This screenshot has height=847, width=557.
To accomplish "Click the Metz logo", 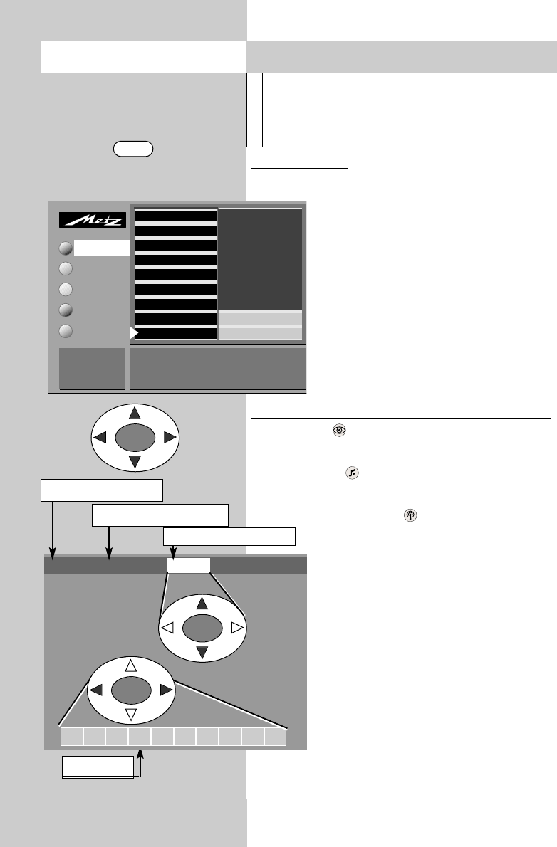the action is [92, 221].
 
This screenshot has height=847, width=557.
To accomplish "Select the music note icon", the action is [351, 472].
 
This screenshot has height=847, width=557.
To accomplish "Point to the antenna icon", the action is [410, 514].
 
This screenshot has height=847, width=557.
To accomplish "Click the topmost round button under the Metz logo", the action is [66, 248].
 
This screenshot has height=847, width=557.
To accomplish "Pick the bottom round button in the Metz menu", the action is [66, 331].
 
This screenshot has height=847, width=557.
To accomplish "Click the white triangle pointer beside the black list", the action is [134, 332].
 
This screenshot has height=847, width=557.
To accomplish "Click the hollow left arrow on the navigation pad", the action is [168, 628].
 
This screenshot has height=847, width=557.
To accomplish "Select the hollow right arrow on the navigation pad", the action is [237, 628].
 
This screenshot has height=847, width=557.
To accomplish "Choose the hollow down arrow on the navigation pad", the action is [130, 714].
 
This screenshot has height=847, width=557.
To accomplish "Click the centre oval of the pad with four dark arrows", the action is [134, 437].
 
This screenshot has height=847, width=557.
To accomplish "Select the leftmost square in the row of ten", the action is [71, 737].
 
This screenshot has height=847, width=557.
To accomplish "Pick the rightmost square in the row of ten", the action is [276, 737].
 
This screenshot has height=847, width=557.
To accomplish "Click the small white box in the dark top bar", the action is [189, 565].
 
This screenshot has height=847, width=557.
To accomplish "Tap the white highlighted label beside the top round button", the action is [102, 248].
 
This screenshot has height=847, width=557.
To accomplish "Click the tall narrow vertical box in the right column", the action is [256, 110].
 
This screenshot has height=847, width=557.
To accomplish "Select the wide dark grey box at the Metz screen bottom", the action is [217, 369].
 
